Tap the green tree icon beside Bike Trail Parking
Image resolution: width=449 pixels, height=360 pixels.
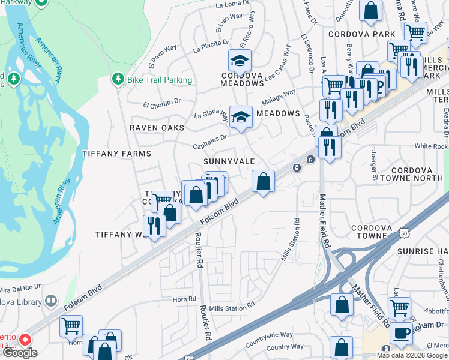tap(118, 79)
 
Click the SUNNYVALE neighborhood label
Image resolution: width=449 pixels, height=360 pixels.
tap(229, 162)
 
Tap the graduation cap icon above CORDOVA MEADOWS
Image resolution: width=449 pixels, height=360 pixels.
tap(240, 60)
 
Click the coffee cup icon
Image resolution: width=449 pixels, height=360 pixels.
tap(401, 332)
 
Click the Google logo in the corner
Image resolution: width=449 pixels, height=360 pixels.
tap(19, 353)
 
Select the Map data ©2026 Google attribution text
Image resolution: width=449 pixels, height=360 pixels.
tap(412, 355)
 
